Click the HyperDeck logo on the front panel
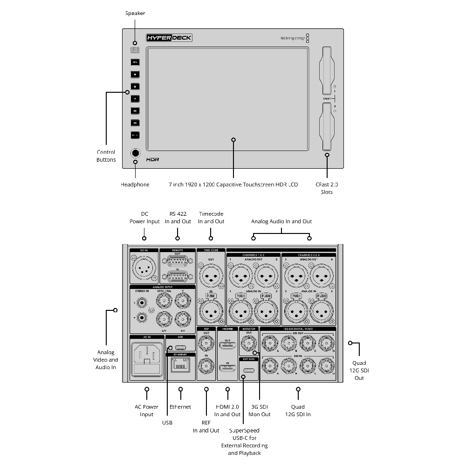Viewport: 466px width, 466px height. pos(169,38)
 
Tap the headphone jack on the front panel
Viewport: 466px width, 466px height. pos(135,152)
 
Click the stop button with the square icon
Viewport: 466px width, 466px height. pos(135,86)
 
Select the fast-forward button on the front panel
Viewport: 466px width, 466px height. pos(135,110)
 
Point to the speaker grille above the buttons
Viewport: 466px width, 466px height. pos(135,50)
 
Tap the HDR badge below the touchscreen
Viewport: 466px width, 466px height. pos(152,159)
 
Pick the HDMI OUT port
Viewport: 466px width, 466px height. pos(227,345)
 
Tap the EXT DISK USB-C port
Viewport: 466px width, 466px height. pos(249,371)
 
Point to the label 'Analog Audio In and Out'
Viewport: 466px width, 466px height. pos(281,221)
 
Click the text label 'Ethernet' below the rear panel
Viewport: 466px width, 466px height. pos(180,407)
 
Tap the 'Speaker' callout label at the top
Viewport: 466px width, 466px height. pos(135,13)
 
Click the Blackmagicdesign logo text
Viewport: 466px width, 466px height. pos(293,38)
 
